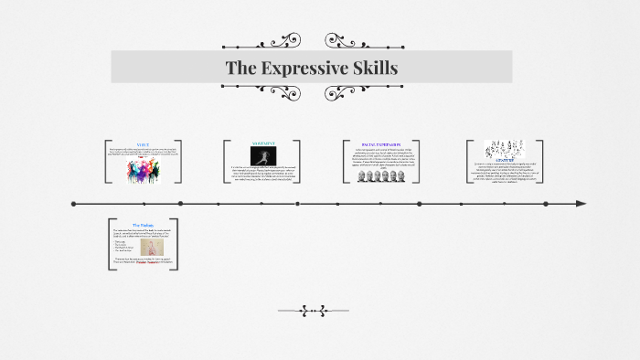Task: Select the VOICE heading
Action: click(x=143, y=143)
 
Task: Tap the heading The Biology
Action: click(x=144, y=225)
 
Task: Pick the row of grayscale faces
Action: click(x=381, y=176)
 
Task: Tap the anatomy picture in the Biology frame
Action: click(x=144, y=248)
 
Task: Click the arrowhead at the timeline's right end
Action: click(x=581, y=204)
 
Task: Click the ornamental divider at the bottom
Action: click(x=313, y=311)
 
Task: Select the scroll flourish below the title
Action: click(x=314, y=93)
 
